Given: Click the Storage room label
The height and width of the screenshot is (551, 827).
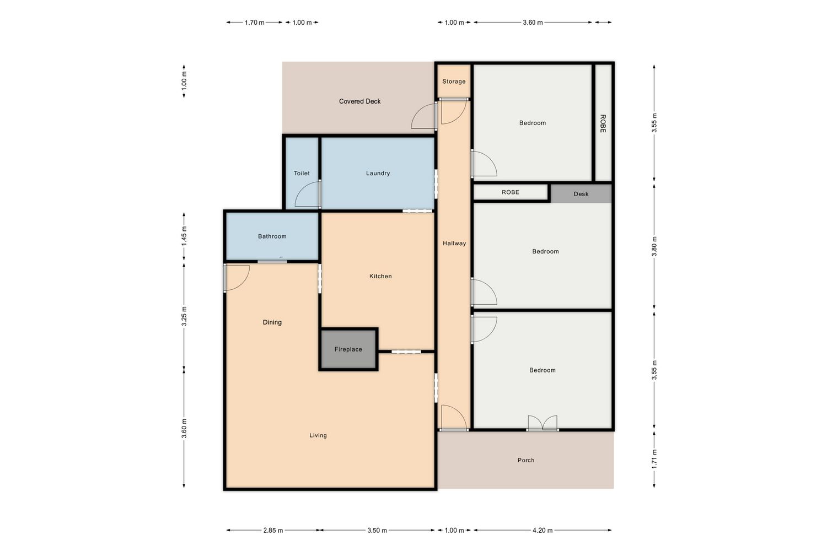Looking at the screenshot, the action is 454,82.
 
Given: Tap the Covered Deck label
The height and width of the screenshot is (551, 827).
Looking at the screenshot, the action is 359,101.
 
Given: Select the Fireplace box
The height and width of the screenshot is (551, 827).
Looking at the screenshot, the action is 348,349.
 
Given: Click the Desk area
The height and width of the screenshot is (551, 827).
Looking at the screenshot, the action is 581,194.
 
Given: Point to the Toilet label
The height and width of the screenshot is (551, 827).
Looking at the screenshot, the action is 302,173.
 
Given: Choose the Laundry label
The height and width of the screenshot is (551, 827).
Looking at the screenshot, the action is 378,173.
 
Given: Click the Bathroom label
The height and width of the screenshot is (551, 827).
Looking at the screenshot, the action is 272,236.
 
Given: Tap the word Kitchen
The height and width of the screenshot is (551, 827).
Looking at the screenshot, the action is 380,276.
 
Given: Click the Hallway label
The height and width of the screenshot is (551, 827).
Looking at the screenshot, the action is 454,243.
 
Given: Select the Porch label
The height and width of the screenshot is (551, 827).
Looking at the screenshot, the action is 526,460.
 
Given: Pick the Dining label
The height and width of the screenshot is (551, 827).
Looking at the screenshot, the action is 272,322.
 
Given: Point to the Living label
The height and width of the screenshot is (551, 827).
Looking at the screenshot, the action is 318,435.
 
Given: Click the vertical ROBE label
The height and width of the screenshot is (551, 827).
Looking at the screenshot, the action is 603,123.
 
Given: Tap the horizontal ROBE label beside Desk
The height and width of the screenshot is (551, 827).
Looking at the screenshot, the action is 510,192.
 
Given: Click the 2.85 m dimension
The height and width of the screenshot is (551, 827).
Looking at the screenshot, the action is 273,530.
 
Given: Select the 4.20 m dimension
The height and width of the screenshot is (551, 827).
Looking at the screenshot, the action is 543,530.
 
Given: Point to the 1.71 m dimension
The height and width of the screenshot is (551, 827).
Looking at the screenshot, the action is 654,460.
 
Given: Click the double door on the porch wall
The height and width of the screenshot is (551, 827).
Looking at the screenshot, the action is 543,424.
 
